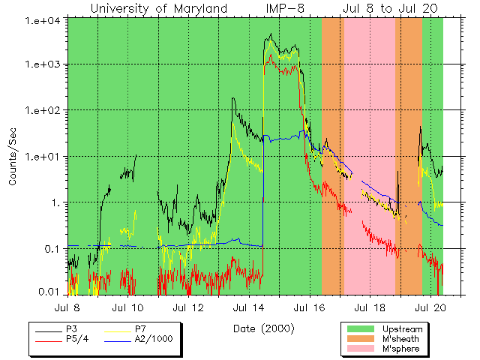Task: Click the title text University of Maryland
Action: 159,8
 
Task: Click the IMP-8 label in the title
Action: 285,8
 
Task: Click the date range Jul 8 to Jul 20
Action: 391,8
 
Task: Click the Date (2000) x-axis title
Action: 263,328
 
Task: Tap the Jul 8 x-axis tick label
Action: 67,307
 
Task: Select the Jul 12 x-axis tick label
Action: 189,307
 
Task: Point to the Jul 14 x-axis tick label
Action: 249,307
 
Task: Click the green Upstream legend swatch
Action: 361,329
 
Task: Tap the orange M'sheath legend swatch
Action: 361,339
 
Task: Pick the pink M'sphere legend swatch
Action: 361,349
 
